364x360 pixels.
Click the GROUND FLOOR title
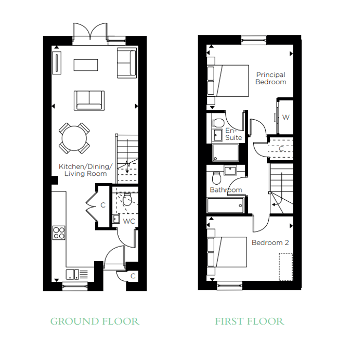tap(95, 322)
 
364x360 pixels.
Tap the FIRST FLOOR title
tap(250, 322)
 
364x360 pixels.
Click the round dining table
tap(74, 138)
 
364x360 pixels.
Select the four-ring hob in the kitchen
tap(59, 233)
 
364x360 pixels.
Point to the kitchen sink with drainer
tap(77, 275)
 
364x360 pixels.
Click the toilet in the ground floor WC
tap(127, 199)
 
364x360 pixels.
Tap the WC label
tap(129, 221)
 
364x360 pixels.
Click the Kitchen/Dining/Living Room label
tap(85, 170)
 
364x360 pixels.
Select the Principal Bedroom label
tap(271, 78)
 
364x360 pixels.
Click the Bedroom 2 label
tap(270, 243)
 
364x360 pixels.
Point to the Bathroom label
tap(226, 190)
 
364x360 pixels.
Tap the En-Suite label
tap(233, 134)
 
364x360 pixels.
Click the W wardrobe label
tap(286, 117)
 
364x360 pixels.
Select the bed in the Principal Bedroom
tap(228, 81)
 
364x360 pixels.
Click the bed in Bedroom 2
tap(227, 252)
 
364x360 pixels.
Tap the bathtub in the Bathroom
tap(225, 205)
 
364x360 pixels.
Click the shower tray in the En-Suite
tap(226, 153)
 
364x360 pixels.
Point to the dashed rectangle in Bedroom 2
tap(286, 267)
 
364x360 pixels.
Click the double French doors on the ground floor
tap(90, 33)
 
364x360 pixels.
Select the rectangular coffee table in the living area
tap(86, 65)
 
